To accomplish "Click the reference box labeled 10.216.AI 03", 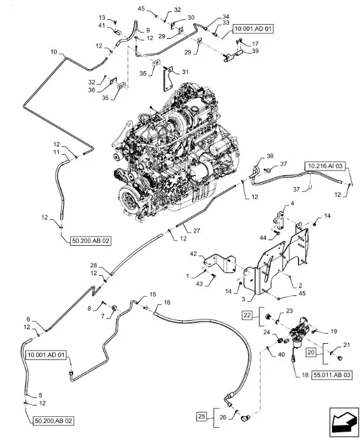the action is [325, 166].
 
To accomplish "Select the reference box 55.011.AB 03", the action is [332, 374].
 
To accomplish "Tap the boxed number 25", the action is [202, 416].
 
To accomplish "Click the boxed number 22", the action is [247, 315].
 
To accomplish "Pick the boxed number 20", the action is [311, 353].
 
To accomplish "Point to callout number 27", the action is [197, 230].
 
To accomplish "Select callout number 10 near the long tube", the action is [54, 52].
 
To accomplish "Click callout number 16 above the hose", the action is [167, 302].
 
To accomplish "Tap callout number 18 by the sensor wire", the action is [305, 375].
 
